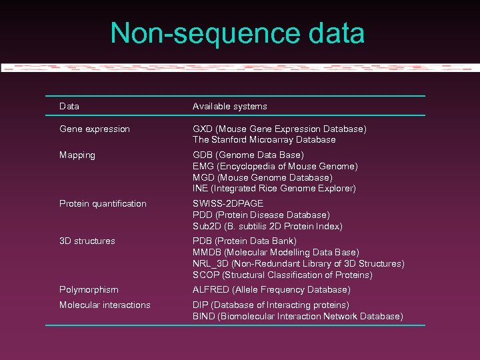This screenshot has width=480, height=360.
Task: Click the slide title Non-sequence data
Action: point(237,34)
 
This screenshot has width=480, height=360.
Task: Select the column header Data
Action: point(69,106)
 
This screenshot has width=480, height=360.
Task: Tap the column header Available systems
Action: point(229,106)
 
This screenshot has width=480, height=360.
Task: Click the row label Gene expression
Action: point(95,129)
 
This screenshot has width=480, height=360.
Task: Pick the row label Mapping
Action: point(77,155)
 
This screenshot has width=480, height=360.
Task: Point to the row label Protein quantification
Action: point(103,203)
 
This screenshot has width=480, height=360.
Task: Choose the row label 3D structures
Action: point(87,241)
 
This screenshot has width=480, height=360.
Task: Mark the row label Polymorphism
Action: point(89,289)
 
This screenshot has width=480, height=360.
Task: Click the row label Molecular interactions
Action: point(105,305)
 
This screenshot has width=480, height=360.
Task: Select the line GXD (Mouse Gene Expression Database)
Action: point(279,129)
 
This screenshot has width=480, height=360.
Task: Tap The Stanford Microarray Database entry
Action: point(264,140)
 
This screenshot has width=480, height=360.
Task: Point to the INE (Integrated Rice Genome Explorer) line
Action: point(274,189)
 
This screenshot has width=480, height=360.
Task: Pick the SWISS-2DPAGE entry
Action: point(228,203)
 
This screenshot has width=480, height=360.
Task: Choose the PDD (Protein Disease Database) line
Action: point(261,215)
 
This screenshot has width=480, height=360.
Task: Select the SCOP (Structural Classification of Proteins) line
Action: point(283,275)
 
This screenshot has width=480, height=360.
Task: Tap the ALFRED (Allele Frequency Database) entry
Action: point(271,289)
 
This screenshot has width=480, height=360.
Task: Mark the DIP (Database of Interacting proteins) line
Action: point(271,305)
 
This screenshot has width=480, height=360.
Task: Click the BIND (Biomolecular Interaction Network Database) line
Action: point(298,316)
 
